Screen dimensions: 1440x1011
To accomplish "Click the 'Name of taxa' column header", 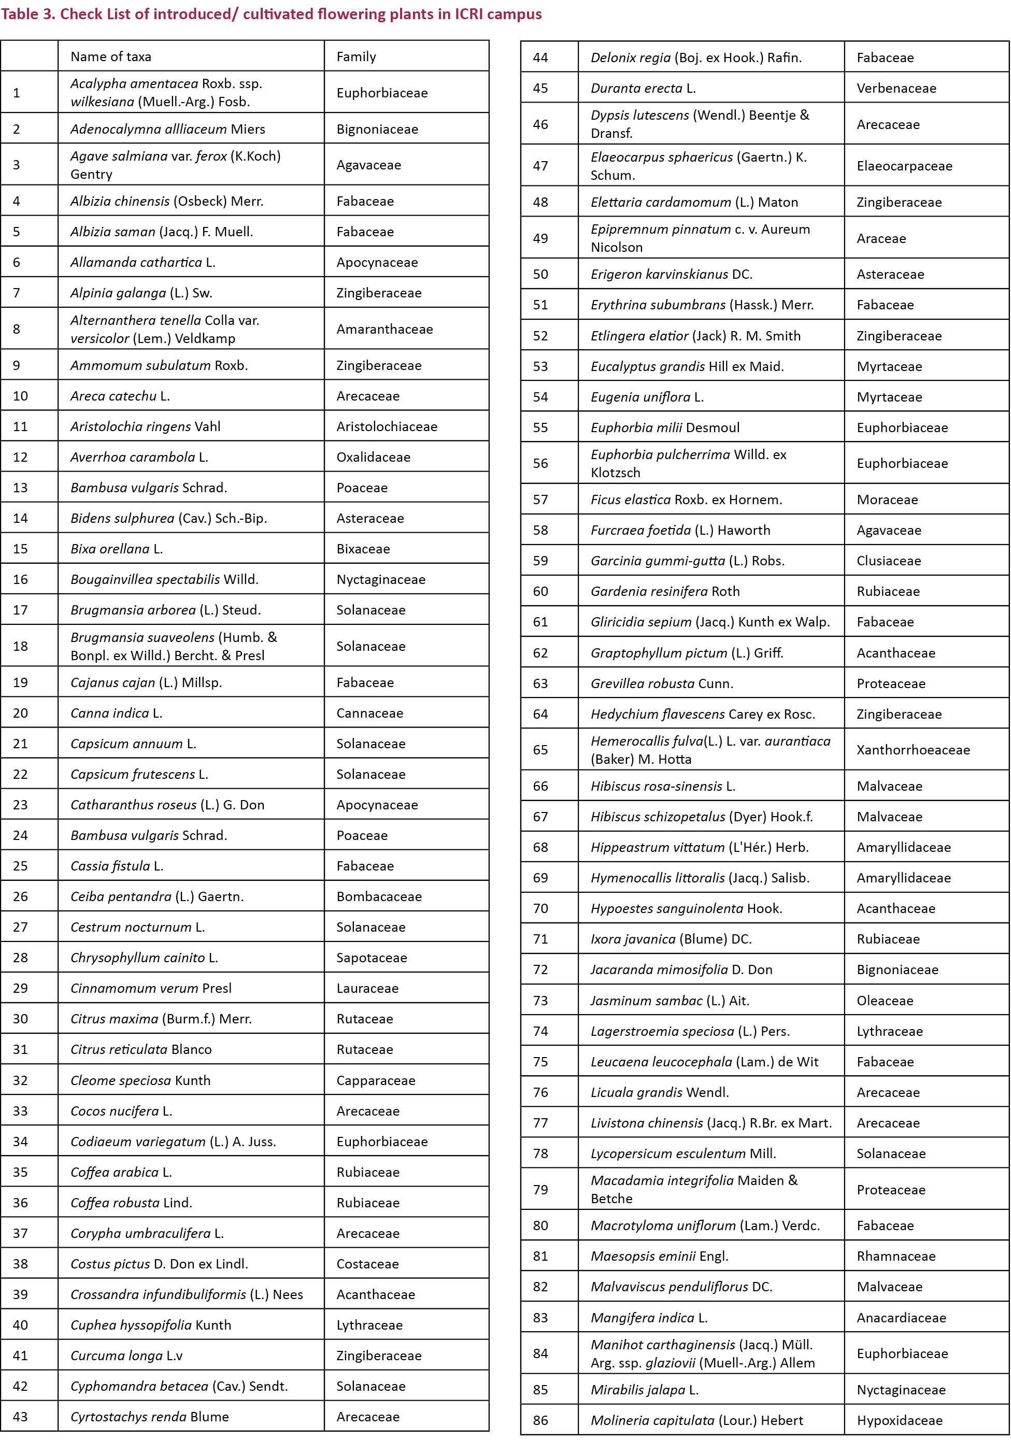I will [110, 56].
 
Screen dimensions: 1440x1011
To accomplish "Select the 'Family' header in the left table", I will [355, 56].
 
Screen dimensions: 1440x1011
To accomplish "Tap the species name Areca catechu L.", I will [120, 396].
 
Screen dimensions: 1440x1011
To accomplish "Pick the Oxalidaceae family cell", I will [373, 457].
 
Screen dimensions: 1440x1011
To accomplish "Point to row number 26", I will [20, 896].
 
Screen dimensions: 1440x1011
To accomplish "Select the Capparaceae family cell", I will [376, 1080].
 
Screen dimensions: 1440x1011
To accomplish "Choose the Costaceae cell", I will [367, 1264].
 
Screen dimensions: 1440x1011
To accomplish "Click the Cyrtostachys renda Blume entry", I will [149, 1417].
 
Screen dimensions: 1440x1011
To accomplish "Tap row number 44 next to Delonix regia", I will [540, 58].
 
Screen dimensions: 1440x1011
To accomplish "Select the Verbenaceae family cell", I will [896, 89].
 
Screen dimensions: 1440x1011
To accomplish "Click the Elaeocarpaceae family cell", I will [904, 166].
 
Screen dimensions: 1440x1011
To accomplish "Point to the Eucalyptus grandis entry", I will [687, 366].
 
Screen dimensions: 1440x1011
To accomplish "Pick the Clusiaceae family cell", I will [889, 561].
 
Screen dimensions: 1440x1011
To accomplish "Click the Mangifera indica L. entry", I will [648, 1318].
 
